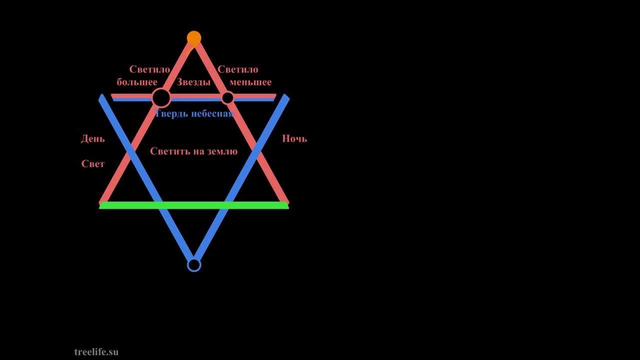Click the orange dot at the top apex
(x=194, y=38)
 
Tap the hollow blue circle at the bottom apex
(x=194, y=264)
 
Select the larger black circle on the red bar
(x=161, y=98)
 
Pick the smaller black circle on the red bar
(x=227, y=97)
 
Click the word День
(x=93, y=139)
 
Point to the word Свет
(x=93, y=164)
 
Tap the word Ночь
(x=294, y=138)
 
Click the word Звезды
(x=193, y=82)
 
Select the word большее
(x=137, y=82)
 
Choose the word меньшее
(x=250, y=82)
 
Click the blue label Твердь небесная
(x=194, y=113)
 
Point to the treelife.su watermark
(x=96, y=352)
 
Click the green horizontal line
(x=194, y=205)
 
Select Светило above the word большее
(x=149, y=69)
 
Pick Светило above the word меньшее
(x=238, y=69)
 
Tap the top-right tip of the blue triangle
(x=286, y=97)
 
